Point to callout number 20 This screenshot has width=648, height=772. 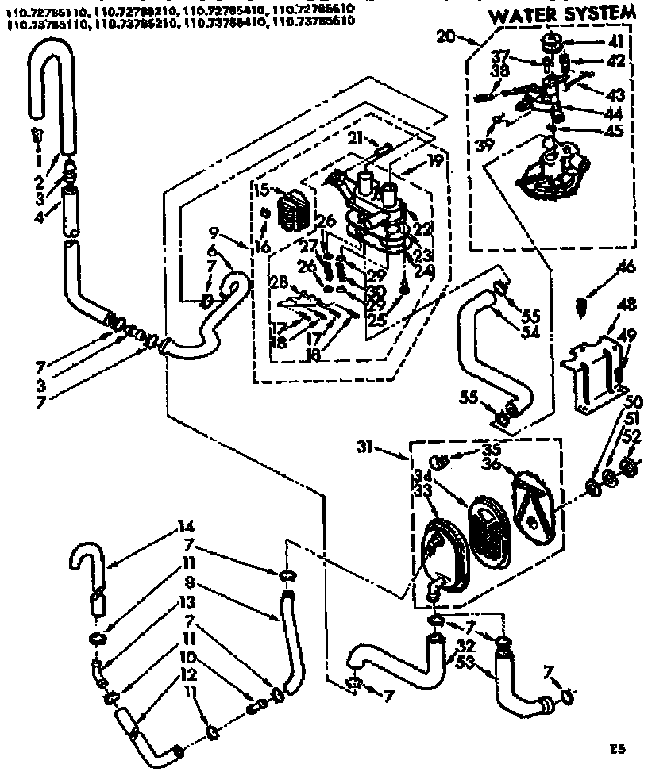[x=468, y=36]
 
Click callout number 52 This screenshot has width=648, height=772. [x=631, y=436]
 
